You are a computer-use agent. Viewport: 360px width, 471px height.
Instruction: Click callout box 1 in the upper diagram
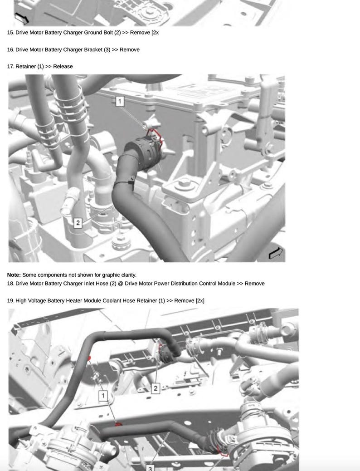click(120, 101)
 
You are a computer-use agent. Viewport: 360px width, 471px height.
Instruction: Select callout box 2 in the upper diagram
click(78, 223)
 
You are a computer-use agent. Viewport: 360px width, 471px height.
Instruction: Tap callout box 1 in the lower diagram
click(103, 396)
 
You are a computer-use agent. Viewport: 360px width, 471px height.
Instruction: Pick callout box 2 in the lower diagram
click(156, 388)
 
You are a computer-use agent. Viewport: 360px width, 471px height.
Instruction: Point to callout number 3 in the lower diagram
click(150, 467)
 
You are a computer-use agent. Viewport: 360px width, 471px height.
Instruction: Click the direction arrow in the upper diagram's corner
click(276, 253)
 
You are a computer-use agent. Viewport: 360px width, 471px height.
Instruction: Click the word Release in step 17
click(63, 66)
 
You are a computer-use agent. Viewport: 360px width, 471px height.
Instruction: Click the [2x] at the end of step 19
click(199, 300)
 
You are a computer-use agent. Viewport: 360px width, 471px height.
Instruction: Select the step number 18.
click(10, 284)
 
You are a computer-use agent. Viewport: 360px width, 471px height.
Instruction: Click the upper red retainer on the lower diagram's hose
click(89, 358)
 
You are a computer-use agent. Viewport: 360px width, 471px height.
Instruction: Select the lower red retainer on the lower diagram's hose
click(119, 424)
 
